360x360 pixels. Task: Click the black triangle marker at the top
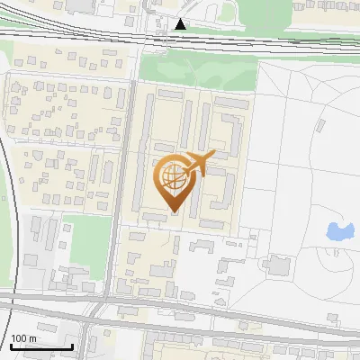(x=182, y=24)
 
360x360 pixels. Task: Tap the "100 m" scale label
(x=23, y=338)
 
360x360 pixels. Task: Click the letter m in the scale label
(x=32, y=338)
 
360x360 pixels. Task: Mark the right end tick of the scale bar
(x=73, y=346)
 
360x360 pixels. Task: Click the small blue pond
(x=339, y=232)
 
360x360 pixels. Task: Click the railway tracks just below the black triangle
(x=182, y=40)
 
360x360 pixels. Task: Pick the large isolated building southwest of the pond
(x=275, y=265)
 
